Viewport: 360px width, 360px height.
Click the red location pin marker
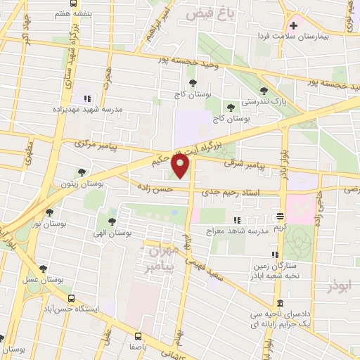181,166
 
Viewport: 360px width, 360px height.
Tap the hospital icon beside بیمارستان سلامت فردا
293,25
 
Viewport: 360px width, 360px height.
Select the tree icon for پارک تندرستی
263,91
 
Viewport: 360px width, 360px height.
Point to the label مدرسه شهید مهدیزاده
79,109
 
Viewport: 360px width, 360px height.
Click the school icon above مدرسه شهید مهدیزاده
87,98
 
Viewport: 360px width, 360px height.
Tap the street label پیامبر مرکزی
98,146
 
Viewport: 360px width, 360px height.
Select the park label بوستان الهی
112,232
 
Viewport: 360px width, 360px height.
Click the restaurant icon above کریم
280,217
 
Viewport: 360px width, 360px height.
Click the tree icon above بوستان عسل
43,267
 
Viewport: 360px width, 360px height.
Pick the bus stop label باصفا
138,348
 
